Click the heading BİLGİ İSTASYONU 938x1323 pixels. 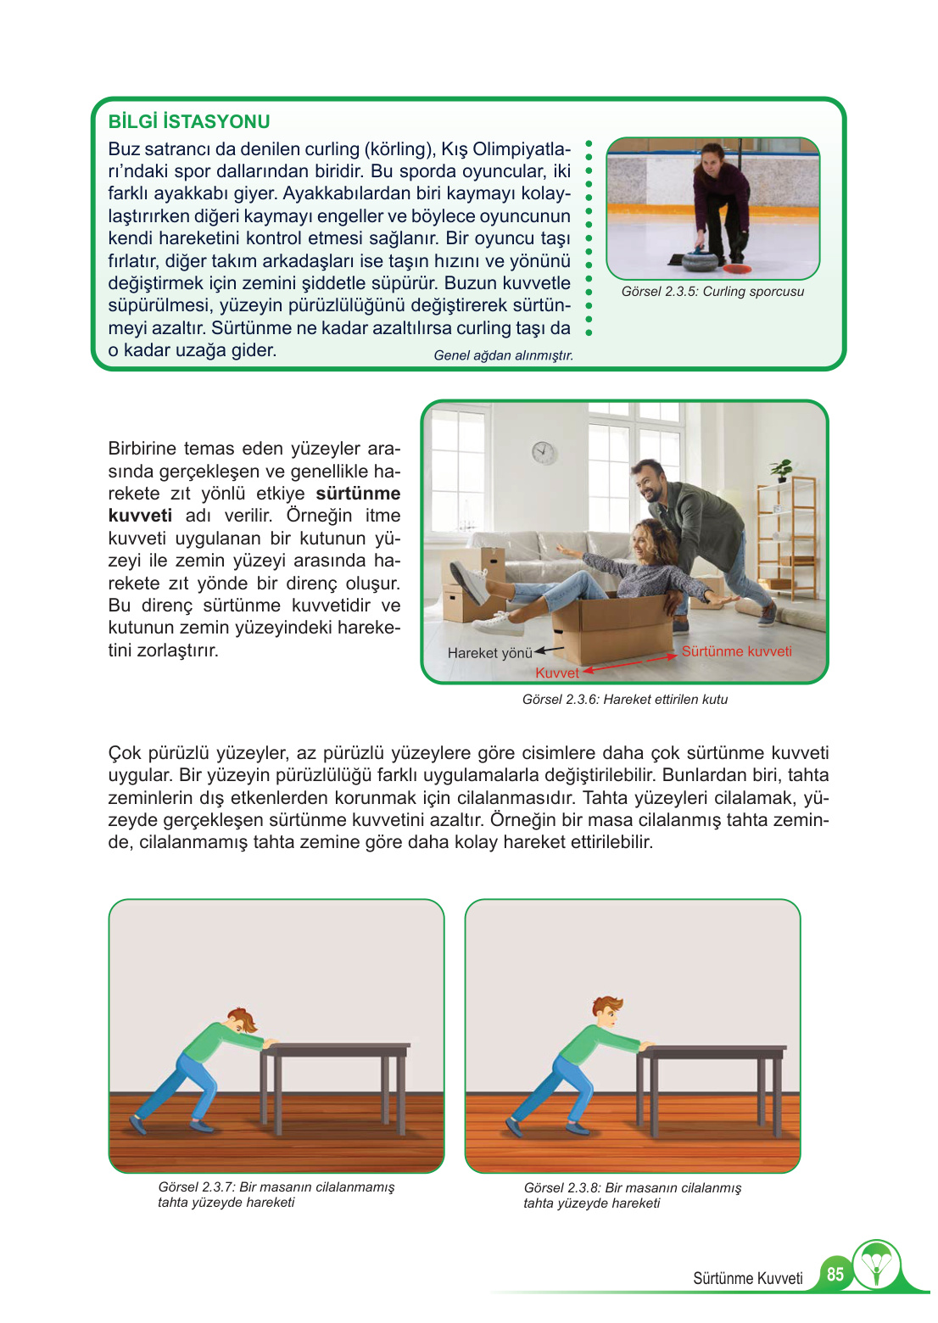click(189, 121)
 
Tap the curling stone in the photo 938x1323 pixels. click(700, 259)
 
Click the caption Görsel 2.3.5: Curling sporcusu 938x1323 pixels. click(712, 292)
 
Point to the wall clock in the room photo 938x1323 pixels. click(544, 452)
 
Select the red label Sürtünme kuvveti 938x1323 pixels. click(736, 651)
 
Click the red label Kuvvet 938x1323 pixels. click(557, 673)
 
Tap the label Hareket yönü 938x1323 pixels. click(489, 653)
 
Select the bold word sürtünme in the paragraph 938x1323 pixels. click(358, 494)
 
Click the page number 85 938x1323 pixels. click(835, 1274)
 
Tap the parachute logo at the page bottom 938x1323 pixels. click(876, 1265)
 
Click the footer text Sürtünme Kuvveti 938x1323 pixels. click(747, 1278)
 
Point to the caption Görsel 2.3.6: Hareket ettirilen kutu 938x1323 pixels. click(625, 700)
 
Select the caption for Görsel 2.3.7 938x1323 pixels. click(276, 1194)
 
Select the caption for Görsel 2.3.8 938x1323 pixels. click(632, 1195)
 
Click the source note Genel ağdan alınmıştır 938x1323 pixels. click(503, 355)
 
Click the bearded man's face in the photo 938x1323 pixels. click(651, 484)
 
